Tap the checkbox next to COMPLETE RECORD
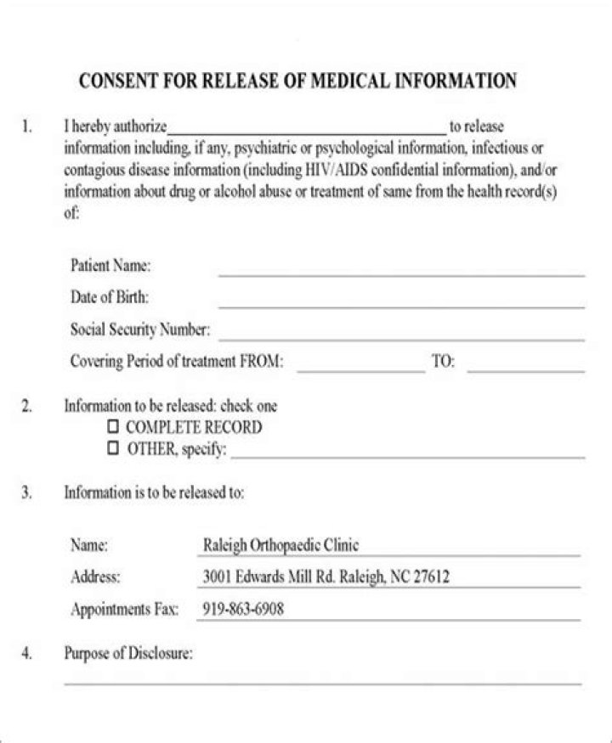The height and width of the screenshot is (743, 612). (113, 428)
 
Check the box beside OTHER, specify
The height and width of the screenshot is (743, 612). (113, 449)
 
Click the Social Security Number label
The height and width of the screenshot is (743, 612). (139, 329)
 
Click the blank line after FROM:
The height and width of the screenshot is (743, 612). (360, 369)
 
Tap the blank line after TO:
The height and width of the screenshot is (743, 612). (526, 369)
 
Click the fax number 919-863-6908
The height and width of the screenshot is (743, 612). (243, 609)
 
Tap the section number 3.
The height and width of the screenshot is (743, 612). (27, 493)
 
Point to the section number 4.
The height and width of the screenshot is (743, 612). (27, 654)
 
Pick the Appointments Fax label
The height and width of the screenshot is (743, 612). (124, 609)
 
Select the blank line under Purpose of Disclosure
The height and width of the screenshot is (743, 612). (323, 680)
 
